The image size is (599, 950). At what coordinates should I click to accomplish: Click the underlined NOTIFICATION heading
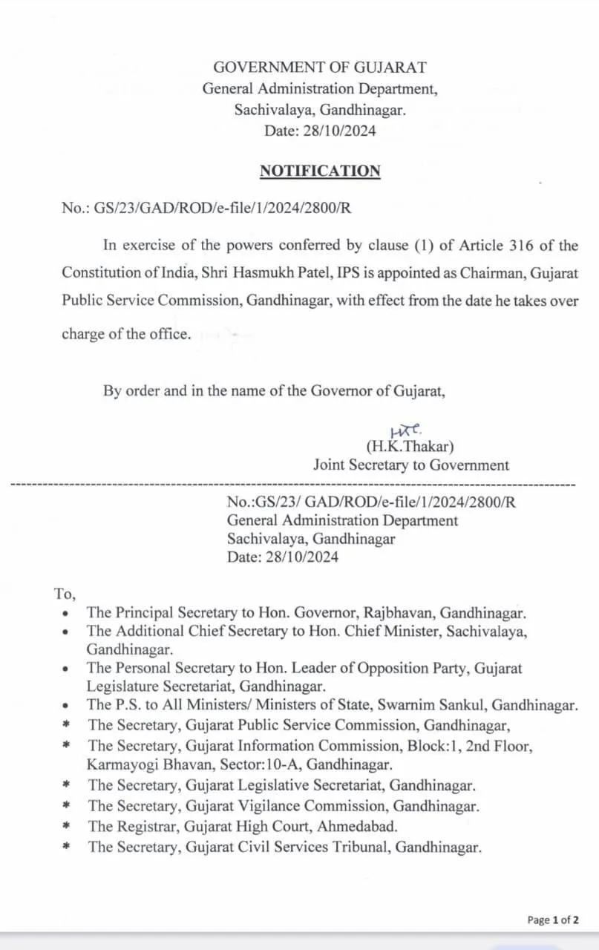pyautogui.click(x=320, y=171)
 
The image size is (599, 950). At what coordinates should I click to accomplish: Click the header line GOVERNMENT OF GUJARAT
pyautogui.click(x=320, y=68)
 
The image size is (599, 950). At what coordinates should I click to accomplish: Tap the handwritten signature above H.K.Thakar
pyautogui.click(x=406, y=431)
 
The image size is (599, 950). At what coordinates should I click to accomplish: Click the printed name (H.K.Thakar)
pyautogui.click(x=409, y=447)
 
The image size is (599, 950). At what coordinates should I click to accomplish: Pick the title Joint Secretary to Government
pyautogui.click(x=411, y=465)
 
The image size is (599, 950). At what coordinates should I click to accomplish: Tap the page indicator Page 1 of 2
pyautogui.click(x=553, y=920)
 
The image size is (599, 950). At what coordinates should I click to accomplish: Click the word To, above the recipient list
pyautogui.click(x=65, y=594)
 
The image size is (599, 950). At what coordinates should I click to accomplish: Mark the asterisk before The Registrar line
pyautogui.click(x=67, y=826)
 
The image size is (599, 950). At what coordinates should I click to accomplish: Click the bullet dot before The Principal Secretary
pyautogui.click(x=67, y=614)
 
